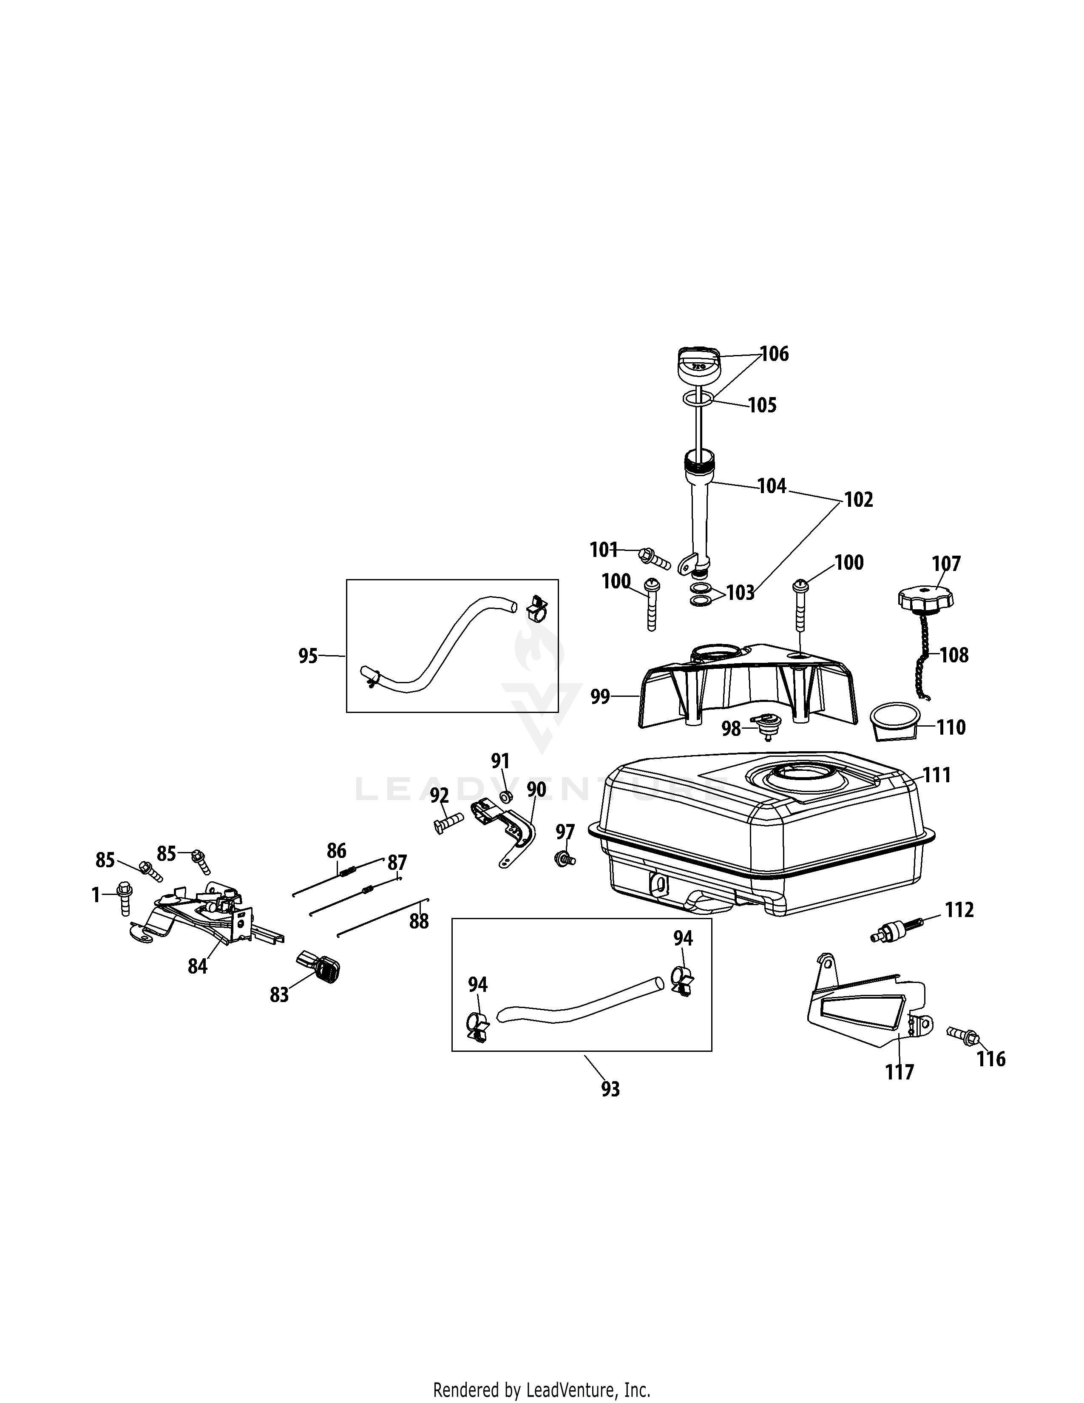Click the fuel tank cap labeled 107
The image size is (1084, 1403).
(x=925, y=597)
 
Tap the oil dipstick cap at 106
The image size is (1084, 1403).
(x=698, y=366)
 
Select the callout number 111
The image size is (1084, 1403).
(x=936, y=775)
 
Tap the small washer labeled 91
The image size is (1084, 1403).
(x=505, y=797)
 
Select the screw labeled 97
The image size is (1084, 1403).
(x=565, y=858)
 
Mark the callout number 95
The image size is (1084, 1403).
(x=308, y=656)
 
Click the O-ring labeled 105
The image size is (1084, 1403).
(x=697, y=400)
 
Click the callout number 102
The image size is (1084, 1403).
(x=859, y=499)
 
